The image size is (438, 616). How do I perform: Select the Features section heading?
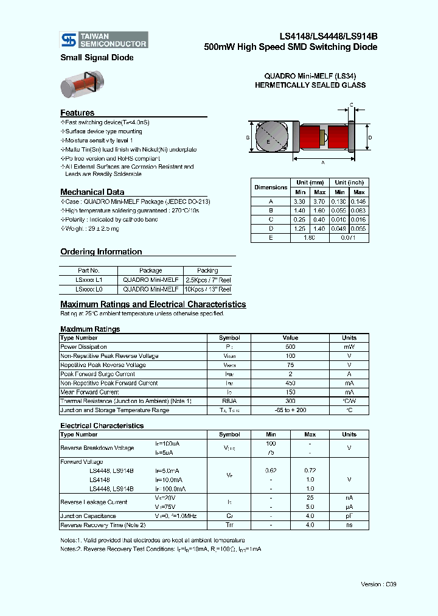coord(77,113)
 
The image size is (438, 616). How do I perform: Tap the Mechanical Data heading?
coord(92,192)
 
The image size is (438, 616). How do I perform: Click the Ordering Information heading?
coord(101,251)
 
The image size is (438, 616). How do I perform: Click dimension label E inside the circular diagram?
coord(268,141)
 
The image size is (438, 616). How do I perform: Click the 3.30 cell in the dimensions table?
coord(299,201)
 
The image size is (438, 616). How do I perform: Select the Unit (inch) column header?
coord(349,182)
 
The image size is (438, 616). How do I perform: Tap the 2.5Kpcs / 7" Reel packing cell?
coord(207,280)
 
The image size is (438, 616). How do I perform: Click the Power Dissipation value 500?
coord(290,346)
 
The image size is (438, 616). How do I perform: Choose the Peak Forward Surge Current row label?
coord(97,374)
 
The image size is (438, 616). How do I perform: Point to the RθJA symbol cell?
coord(229,401)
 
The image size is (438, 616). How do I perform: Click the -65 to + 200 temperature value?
coord(290,410)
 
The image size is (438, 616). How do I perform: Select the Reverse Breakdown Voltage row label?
coord(97,448)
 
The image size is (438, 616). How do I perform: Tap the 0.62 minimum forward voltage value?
coord(271,471)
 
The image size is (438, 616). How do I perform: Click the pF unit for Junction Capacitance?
coord(349,516)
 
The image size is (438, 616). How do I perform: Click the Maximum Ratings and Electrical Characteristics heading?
coord(153,304)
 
